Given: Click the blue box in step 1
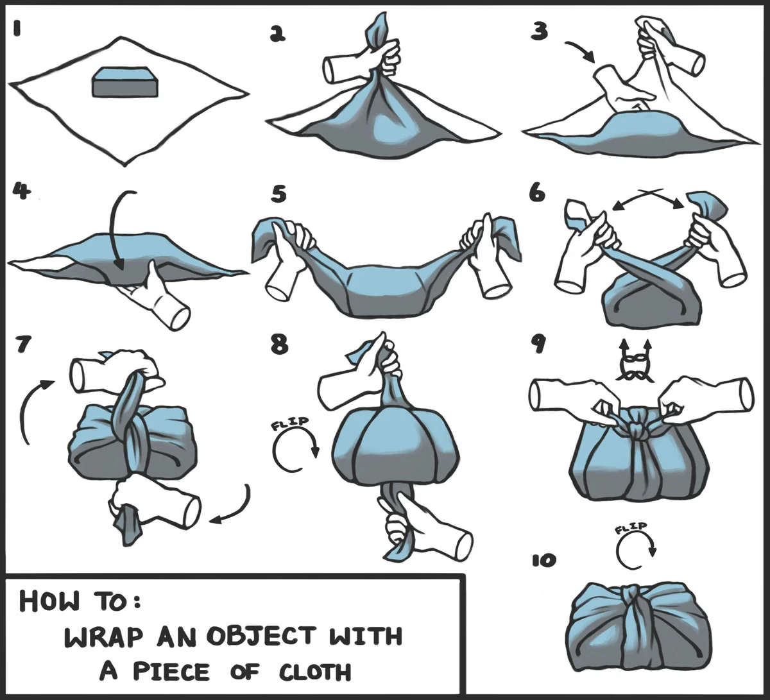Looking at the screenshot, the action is click(x=125, y=81).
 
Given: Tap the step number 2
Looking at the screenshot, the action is click(x=277, y=34).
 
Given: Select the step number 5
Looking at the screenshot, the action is click(x=278, y=194).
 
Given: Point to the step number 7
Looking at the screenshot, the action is click(x=23, y=345).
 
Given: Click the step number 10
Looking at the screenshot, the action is click(x=544, y=561).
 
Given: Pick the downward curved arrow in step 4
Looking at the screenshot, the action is click(x=115, y=230).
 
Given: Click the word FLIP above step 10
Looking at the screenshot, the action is click(x=631, y=528).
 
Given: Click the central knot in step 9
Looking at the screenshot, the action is click(x=638, y=425).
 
